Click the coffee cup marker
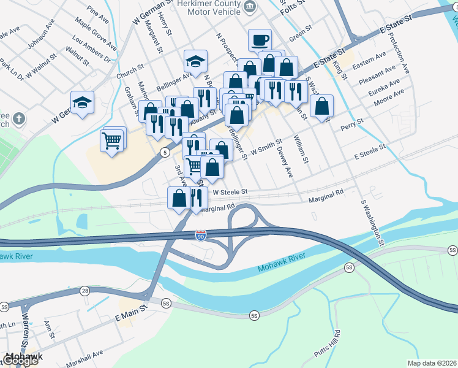260,40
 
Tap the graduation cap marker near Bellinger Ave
195,61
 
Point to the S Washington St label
372,222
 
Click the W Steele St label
229,192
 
